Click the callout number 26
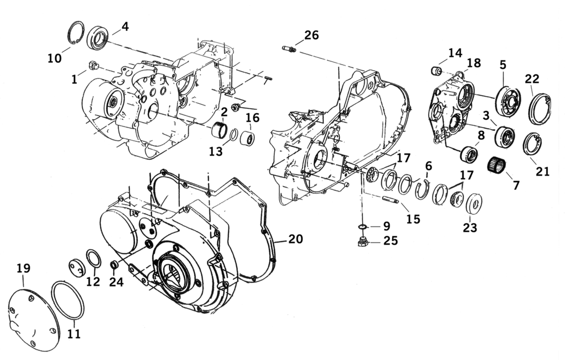click(311, 35)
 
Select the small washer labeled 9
click(362, 227)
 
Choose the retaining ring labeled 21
click(532, 144)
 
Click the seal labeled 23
click(473, 204)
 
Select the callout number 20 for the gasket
click(295, 239)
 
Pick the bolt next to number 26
click(289, 50)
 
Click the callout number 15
click(413, 219)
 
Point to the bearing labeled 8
click(469, 153)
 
